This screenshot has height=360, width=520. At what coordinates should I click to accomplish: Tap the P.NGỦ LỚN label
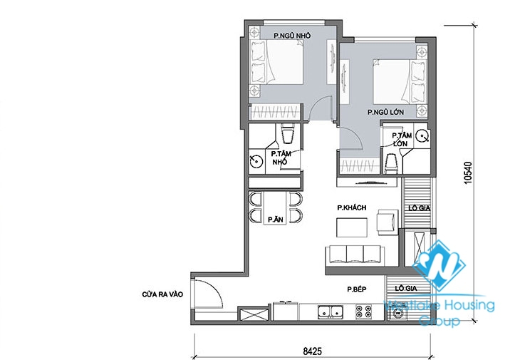tap(382, 113)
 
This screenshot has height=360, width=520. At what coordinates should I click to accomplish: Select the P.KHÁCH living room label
tap(351, 207)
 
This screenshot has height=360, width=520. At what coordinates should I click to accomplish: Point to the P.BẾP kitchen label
tap(357, 289)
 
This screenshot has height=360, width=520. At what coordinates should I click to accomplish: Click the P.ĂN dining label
tap(274, 220)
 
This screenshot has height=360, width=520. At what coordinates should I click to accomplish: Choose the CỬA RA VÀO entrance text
tap(162, 294)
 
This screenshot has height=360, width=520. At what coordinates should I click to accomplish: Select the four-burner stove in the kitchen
tap(364, 312)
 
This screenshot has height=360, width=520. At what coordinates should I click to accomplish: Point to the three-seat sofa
tap(353, 254)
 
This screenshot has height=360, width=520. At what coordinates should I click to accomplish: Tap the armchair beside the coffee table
tap(388, 222)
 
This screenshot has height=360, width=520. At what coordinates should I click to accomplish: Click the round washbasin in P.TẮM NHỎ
tap(254, 162)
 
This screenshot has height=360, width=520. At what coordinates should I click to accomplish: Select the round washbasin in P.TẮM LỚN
tap(423, 137)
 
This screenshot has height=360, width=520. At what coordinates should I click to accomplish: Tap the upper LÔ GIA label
tap(417, 208)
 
